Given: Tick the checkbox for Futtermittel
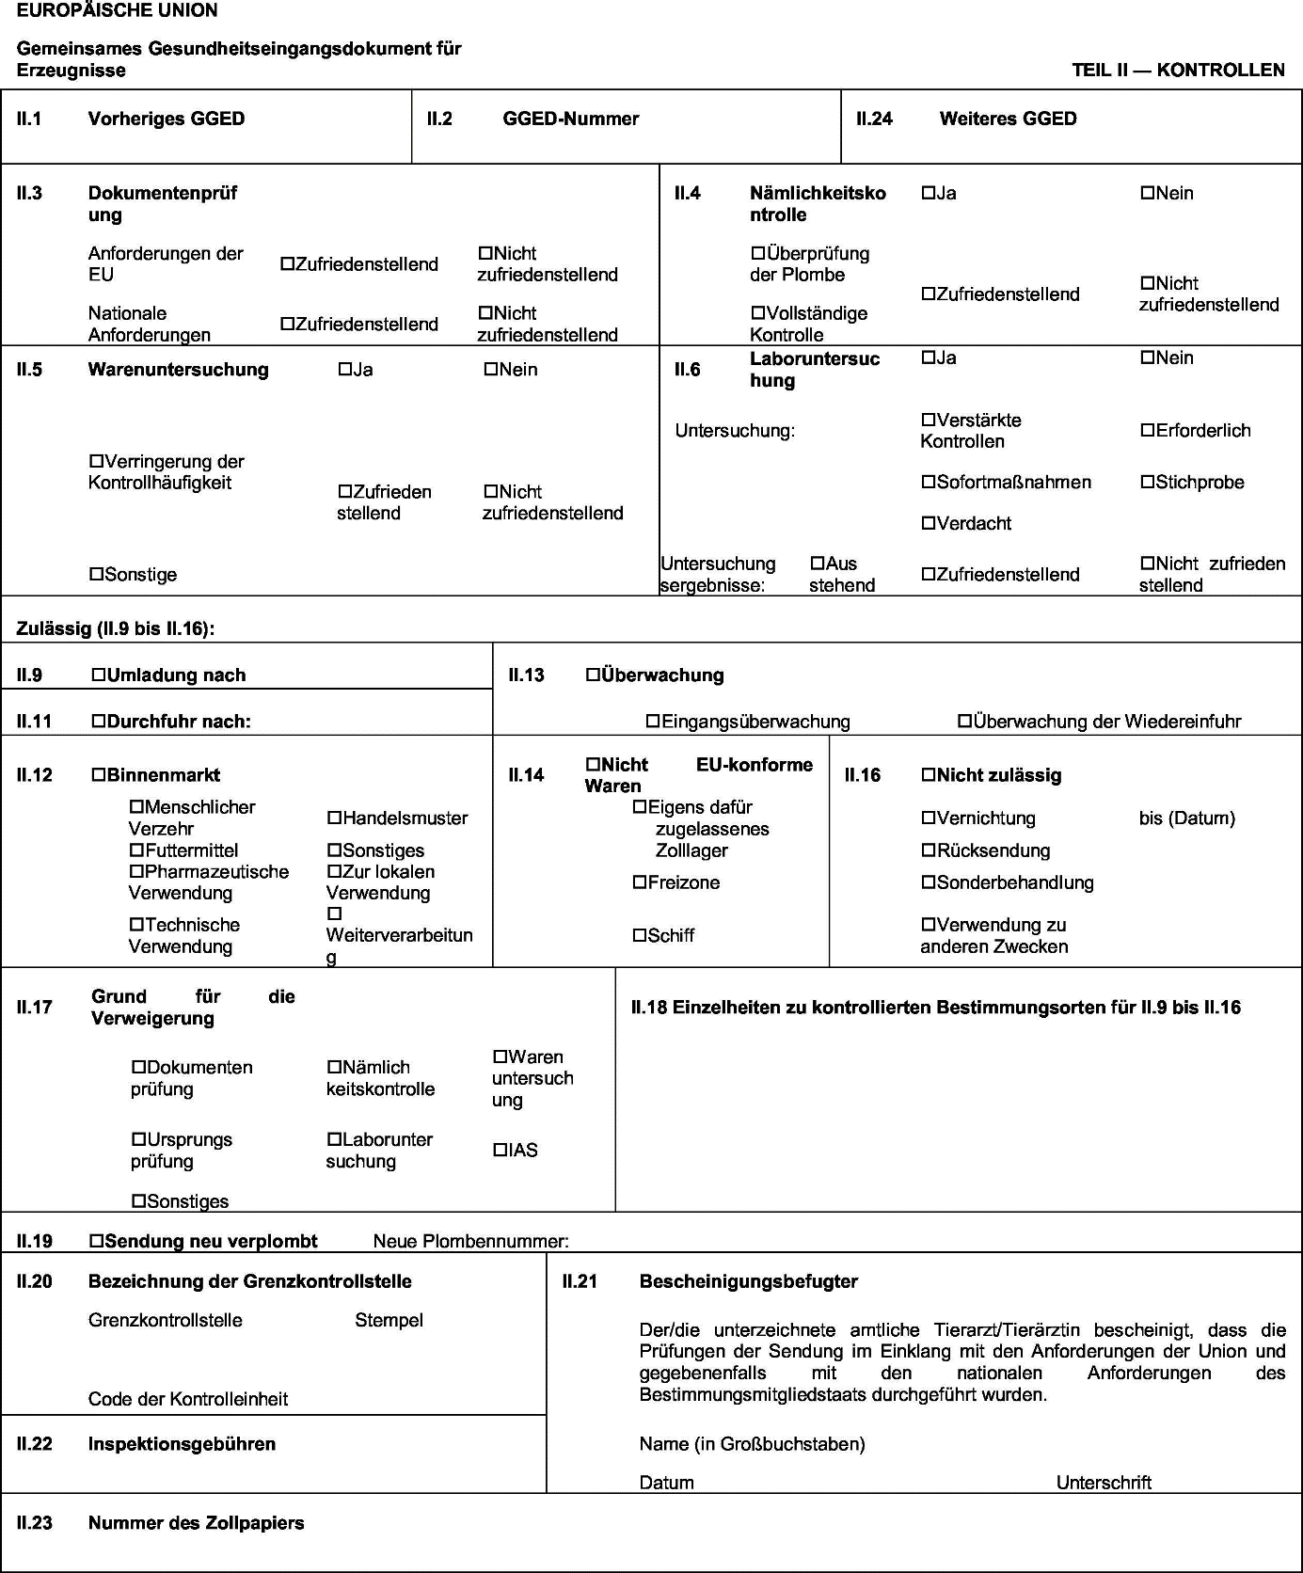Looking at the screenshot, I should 136,850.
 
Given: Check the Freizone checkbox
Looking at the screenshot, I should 640,882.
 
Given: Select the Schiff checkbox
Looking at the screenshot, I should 640,935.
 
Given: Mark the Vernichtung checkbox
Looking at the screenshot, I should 929,818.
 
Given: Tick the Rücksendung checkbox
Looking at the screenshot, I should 929,850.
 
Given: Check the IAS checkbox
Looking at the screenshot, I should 501,1150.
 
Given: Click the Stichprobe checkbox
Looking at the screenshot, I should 1147,482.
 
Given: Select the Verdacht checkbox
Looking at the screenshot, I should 929,523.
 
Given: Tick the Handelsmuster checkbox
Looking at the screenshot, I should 334,818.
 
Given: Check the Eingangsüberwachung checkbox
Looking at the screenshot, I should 653,721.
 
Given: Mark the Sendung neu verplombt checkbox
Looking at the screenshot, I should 96,1240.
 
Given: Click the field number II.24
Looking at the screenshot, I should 874,119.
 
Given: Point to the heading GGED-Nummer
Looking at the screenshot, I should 570,119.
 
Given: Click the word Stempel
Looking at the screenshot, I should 389,1320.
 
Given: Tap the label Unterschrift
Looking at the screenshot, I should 1104,1483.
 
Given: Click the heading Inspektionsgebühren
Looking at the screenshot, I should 182,1443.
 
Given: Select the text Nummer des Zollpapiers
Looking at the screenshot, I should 196,1522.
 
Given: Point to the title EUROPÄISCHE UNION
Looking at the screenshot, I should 117,10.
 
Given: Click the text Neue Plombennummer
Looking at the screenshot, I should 470,1241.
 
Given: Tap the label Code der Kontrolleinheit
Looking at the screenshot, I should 188,1399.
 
